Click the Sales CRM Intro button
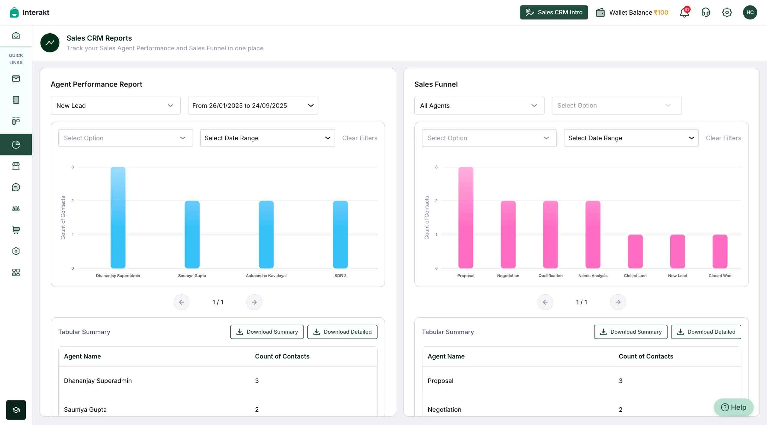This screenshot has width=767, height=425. pyautogui.click(x=554, y=12)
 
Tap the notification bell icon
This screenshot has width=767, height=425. pyautogui.click(x=684, y=13)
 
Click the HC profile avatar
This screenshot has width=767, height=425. pyautogui.click(x=750, y=12)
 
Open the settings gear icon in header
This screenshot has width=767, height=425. pyautogui.click(x=727, y=12)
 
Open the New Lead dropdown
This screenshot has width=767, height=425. pyautogui.click(x=115, y=105)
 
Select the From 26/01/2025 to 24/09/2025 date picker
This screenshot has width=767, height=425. pyautogui.click(x=253, y=105)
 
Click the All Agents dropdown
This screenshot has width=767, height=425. pyautogui.click(x=479, y=105)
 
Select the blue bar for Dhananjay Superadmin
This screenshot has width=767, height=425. pyautogui.click(x=118, y=218)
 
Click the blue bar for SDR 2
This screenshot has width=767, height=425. pyautogui.click(x=340, y=235)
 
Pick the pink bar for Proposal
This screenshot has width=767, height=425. pyautogui.click(x=466, y=218)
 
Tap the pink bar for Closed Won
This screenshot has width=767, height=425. pyautogui.click(x=720, y=251)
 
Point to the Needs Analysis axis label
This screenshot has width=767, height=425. pyautogui.click(x=593, y=276)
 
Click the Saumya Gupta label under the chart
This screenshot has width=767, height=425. pyautogui.click(x=192, y=276)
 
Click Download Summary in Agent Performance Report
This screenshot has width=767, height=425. pyautogui.click(x=267, y=332)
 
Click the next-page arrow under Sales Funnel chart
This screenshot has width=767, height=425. pyautogui.click(x=618, y=302)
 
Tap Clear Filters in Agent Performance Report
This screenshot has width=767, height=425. pyautogui.click(x=360, y=138)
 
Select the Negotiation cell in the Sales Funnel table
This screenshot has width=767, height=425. pyautogui.click(x=444, y=409)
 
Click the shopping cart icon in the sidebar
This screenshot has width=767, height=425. pyautogui.click(x=16, y=230)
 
